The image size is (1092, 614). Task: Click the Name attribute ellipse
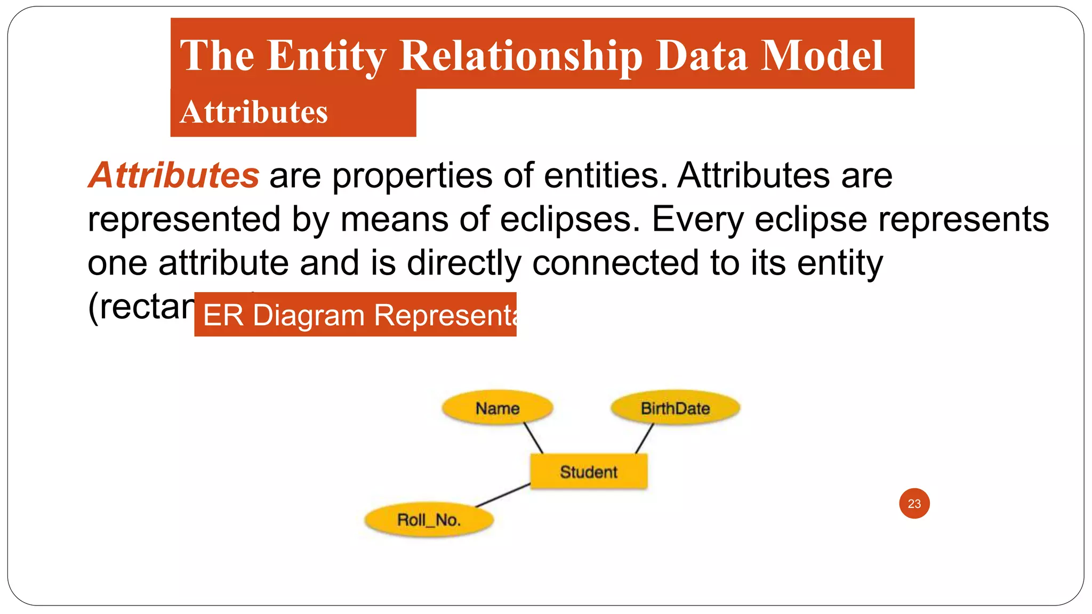[497, 408]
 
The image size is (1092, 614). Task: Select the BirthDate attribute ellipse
[675, 408]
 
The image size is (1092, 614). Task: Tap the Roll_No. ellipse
[429, 520]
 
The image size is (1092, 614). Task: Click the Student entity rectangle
[589, 472]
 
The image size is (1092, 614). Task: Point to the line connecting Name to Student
[533, 438]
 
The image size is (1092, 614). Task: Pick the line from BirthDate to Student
[644, 439]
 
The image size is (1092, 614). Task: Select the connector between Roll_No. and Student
[503, 495]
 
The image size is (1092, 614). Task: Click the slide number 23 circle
[914, 504]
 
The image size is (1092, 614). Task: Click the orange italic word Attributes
[174, 175]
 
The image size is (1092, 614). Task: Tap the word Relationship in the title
[521, 55]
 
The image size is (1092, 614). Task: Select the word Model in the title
[822, 55]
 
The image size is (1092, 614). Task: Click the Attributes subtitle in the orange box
[254, 112]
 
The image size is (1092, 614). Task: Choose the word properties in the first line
[412, 175]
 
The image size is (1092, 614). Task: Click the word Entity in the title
[326, 55]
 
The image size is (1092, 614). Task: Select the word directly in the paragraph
[464, 263]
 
